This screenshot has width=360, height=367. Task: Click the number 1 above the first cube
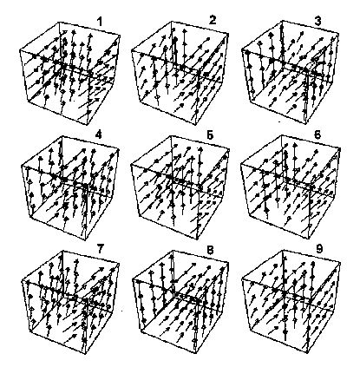[100, 22]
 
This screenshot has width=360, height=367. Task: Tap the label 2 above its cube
[213, 20]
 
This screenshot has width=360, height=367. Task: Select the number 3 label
[317, 22]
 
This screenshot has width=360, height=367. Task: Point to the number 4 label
[98, 135]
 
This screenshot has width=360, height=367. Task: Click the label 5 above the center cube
[210, 135]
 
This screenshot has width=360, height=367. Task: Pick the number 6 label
[317, 135]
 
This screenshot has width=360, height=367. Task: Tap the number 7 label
[100, 249]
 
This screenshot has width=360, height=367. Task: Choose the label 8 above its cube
[210, 250]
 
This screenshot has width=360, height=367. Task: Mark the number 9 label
[319, 249]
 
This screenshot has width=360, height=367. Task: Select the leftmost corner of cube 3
[242, 50]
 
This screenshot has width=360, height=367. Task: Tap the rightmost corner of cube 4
[119, 149]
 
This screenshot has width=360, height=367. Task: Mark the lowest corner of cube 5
[197, 239]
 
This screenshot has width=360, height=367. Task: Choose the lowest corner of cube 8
[197, 353]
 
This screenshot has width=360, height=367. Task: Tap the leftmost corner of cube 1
[20, 50]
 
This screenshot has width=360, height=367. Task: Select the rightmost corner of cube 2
[229, 35]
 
